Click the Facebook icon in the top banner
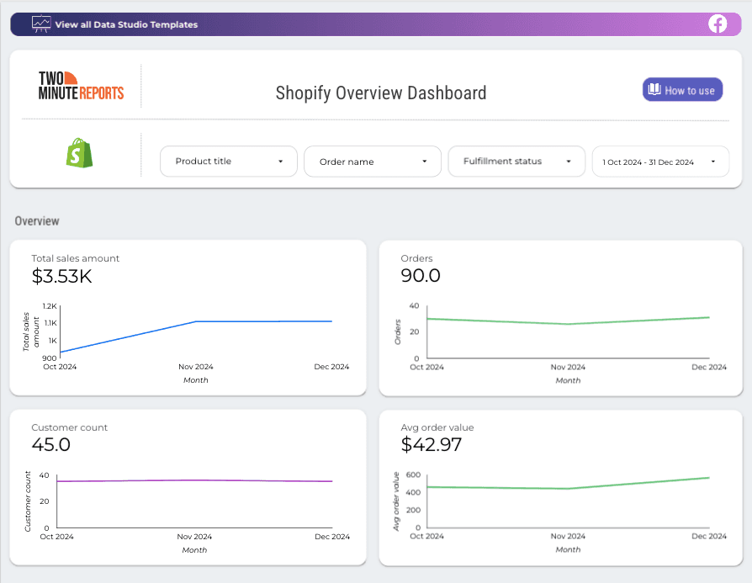[718, 24]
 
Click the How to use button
[682, 90]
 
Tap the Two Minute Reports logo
[81, 85]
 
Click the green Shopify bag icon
[80, 153]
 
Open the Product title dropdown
[229, 162]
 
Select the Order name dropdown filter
[373, 162]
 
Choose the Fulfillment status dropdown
[516, 162]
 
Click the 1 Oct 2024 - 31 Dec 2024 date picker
[660, 162]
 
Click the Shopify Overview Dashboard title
[381, 93]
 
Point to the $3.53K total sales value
[61, 275]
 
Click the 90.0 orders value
[421, 275]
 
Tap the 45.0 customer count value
[50, 444]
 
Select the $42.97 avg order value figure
[432, 444]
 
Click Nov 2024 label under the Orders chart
[568, 368]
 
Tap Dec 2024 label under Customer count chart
[331, 537]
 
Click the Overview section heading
[37, 221]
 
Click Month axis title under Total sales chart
[195, 380]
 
